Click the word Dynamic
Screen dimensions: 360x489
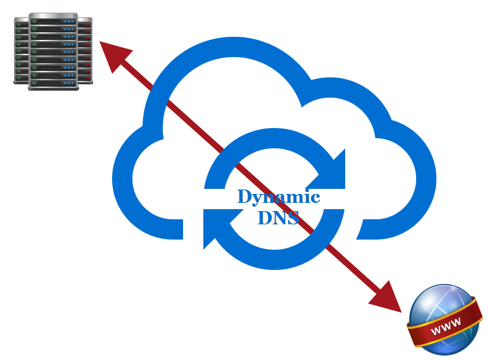click(278, 197)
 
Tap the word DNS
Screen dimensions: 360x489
click(277, 217)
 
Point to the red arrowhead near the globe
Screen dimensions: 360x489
click(388, 300)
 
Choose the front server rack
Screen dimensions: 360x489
click(53, 51)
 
